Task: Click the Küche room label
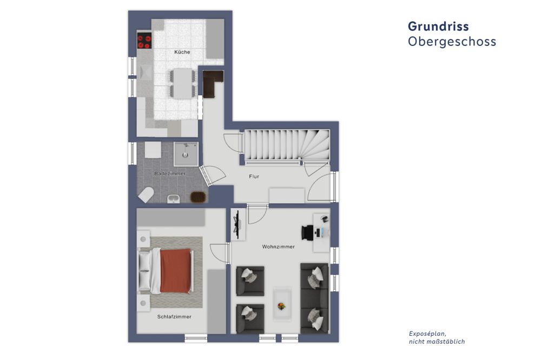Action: coord(182,52)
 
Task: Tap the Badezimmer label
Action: coord(170,174)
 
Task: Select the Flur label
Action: coord(254,177)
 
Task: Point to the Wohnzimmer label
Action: coord(279,247)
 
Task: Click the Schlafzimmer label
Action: coord(174,317)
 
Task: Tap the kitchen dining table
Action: coord(182,84)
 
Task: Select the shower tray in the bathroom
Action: coord(186,154)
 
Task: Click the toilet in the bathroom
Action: coord(146,195)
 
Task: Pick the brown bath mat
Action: coord(198,197)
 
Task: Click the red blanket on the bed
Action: coord(176,271)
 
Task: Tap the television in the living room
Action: coord(237,224)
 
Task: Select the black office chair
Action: coord(308,232)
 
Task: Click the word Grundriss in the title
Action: coord(438,26)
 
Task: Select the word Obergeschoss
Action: coord(452,42)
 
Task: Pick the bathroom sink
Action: coord(174,199)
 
